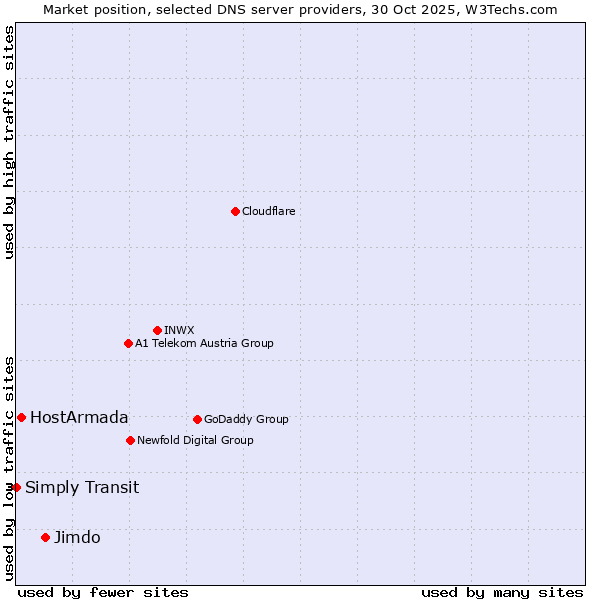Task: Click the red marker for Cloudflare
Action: click(235, 211)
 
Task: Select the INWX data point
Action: click(157, 330)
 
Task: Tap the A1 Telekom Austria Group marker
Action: click(128, 343)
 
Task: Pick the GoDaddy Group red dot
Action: click(197, 419)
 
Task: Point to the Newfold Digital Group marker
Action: click(130, 440)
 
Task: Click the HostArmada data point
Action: click(21, 417)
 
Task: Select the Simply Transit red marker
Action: click(16, 487)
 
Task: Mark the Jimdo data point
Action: click(45, 537)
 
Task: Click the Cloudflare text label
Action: click(268, 211)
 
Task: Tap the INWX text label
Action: click(179, 330)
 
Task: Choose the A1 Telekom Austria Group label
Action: click(204, 343)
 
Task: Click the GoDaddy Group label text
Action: click(246, 419)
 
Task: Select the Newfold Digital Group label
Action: click(195, 440)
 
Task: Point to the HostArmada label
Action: click(79, 417)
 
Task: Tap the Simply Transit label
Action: click(82, 487)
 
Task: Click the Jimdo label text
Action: click(77, 537)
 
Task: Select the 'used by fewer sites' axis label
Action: click(103, 592)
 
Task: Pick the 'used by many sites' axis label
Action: click(502, 592)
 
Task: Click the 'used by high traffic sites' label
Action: click(9, 142)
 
